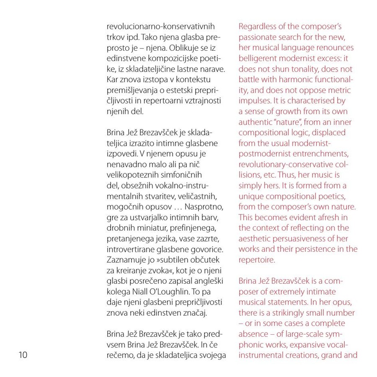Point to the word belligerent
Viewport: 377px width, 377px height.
pyautogui.click(x=260, y=58)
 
